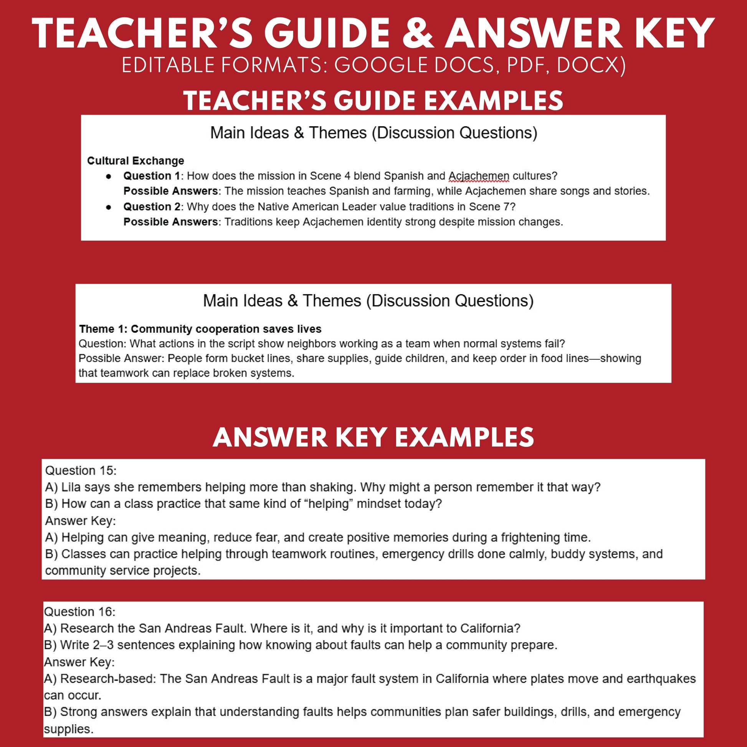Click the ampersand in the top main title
[418, 34]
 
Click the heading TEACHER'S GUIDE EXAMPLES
[373, 101]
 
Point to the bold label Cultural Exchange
[136, 160]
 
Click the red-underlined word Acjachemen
[479, 176]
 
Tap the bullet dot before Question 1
[109, 176]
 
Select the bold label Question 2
[152, 207]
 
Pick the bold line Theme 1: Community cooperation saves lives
[200, 329]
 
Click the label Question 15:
[81, 471]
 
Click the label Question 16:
[79, 611]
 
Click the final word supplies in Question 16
[68, 729]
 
